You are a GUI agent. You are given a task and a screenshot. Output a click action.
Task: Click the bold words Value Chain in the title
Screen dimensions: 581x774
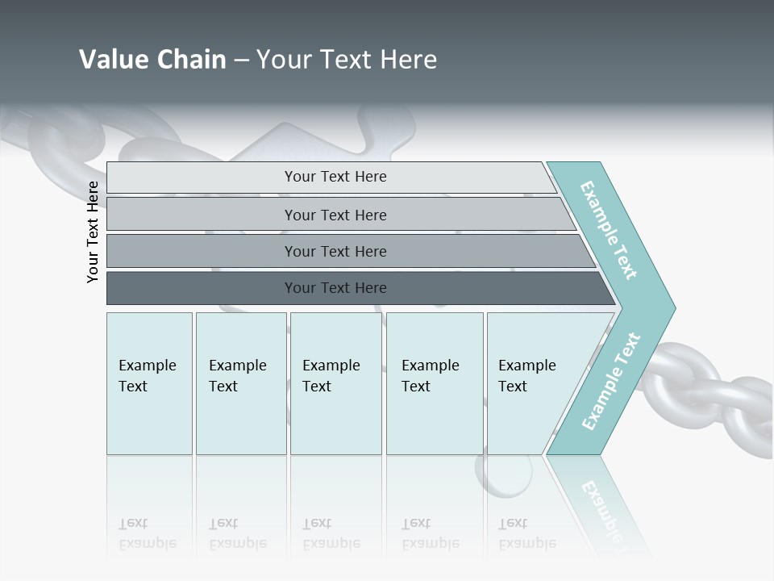[152, 60]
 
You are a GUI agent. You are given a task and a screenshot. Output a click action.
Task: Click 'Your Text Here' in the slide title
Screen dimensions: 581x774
[347, 60]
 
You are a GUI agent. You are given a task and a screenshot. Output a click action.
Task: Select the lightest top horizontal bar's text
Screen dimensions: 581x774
[335, 177]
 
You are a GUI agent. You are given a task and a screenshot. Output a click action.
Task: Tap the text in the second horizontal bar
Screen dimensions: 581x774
[335, 215]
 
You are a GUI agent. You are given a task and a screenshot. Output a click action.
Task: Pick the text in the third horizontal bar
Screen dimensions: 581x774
[335, 252]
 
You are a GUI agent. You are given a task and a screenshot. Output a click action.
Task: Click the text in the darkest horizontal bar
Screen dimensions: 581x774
[335, 288]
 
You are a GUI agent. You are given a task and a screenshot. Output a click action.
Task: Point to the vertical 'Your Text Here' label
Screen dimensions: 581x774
[93, 232]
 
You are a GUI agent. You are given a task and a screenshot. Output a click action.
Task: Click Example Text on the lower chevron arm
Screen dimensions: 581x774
[611, 382]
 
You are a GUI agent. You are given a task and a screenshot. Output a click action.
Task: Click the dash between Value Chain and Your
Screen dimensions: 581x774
[241, 61]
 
